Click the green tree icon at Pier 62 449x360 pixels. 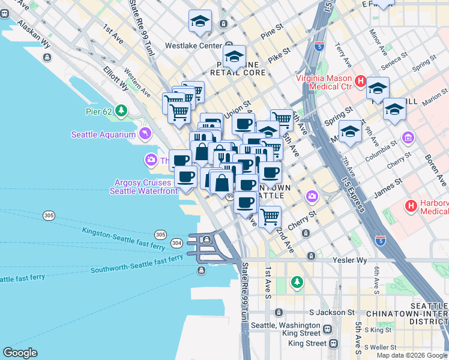(122, 110)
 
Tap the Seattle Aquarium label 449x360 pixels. (103, 134)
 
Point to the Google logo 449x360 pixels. (20, 353)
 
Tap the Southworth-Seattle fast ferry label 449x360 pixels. (137, 263)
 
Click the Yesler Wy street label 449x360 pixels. (349, 261)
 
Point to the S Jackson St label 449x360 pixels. (331, 313)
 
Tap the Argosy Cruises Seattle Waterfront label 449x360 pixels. (143, 187)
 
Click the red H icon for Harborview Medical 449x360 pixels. (411, 206)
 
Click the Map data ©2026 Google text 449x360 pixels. (412, 355)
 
